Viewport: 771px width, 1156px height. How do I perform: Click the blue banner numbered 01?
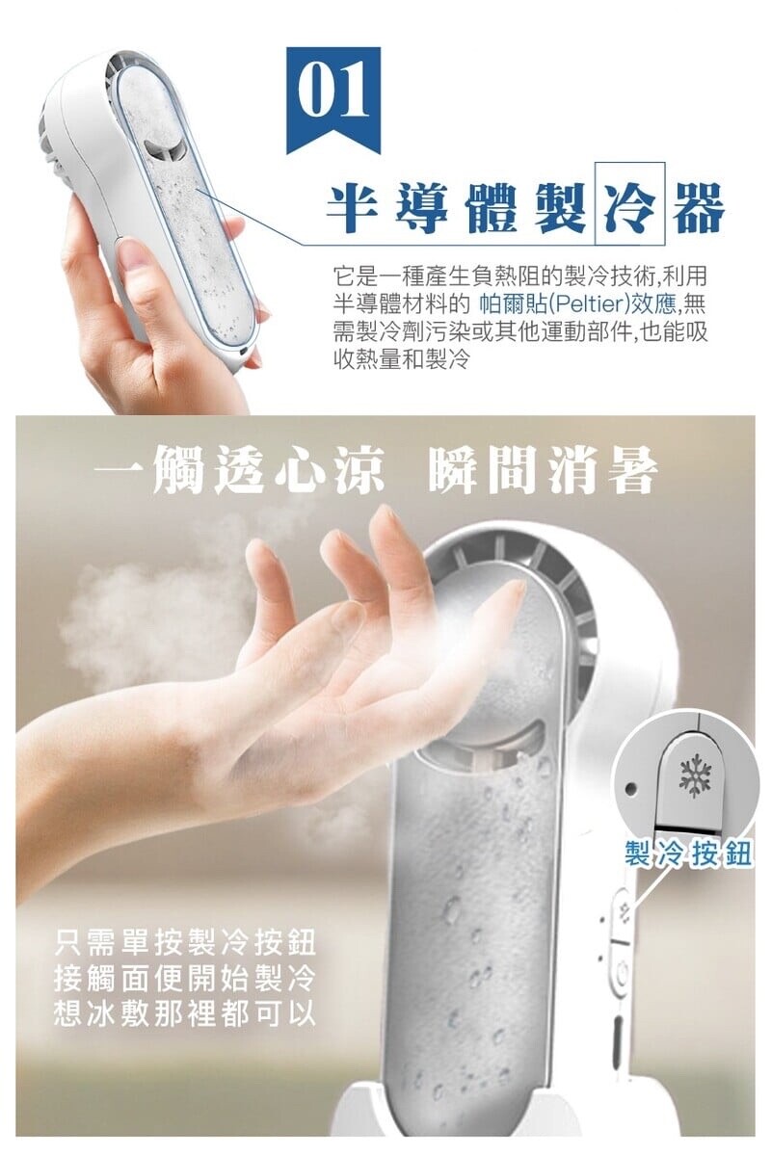coord(333,98)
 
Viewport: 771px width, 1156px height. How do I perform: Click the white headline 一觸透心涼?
coord(239,470)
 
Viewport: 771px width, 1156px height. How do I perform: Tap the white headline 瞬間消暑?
coord(543,470)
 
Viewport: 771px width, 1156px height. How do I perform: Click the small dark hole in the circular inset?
coord(630,788)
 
